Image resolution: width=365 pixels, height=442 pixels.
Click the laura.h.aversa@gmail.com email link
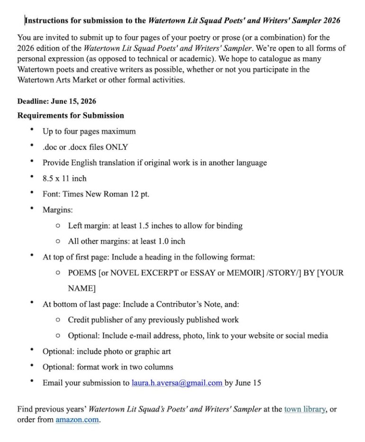(177, 383)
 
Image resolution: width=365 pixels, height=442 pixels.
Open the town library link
(304, 409)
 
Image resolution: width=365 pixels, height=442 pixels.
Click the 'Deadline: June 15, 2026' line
(57, 101)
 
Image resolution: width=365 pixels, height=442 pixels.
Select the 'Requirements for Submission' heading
(71, 116)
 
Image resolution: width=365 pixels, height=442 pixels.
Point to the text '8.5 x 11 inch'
(64, 179)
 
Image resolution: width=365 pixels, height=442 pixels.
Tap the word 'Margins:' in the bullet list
(58, 210)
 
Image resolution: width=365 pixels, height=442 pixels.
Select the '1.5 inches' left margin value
(150, 226)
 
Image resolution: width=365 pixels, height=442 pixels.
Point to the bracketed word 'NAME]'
(82, 288)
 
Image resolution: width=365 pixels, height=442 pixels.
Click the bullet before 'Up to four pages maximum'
(31, 130)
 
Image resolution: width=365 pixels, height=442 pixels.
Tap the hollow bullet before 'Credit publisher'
(57, 320)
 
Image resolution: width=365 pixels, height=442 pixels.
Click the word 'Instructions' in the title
(47, 21)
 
